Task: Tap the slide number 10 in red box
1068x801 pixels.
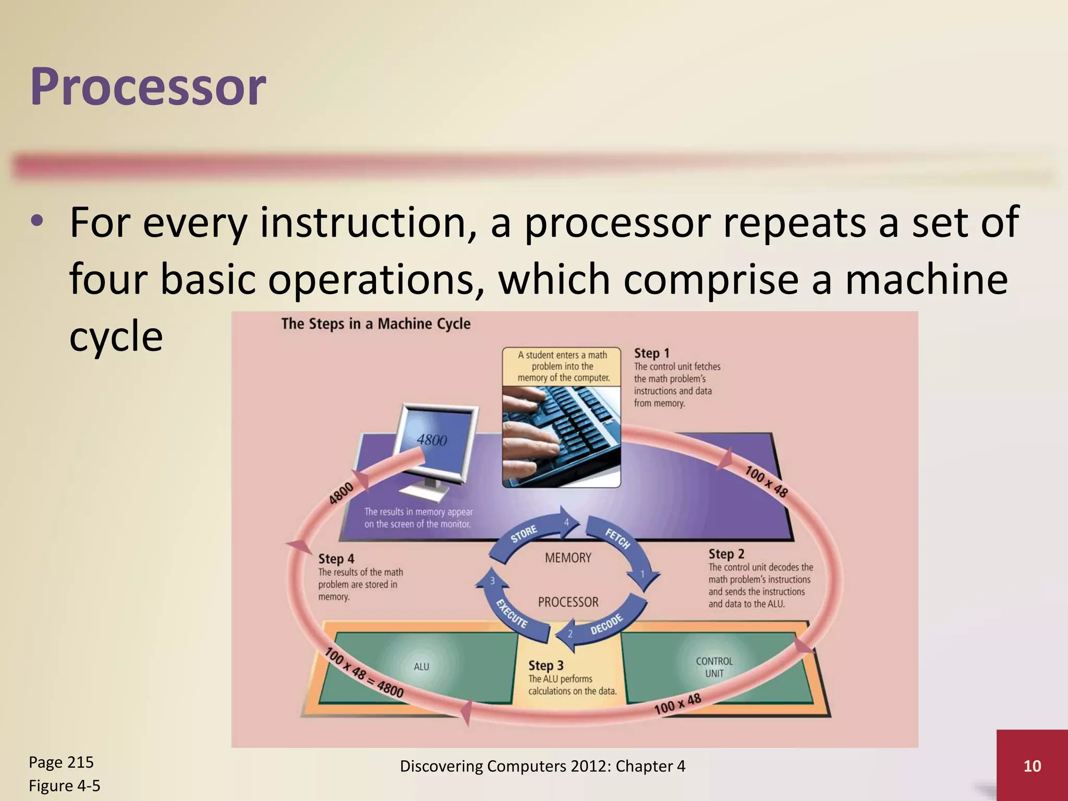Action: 1032,766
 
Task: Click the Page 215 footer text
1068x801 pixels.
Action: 61,762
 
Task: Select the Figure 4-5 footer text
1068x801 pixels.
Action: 64,785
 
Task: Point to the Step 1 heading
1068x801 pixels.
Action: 651,353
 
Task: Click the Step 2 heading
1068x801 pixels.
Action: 726,554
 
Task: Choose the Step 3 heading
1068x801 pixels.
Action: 545,665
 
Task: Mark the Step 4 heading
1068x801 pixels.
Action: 336,559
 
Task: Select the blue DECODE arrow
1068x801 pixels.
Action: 605,625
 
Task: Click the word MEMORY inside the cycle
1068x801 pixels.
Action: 568,557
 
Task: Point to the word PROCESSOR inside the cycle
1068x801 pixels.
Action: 568,602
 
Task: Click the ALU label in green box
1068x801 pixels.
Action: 421,666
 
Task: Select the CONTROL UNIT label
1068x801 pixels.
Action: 714,667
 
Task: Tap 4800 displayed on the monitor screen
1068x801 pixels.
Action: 432,440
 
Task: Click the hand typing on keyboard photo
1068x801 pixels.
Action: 561,435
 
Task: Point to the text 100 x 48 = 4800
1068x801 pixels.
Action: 363,673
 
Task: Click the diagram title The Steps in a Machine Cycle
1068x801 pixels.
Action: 375,324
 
